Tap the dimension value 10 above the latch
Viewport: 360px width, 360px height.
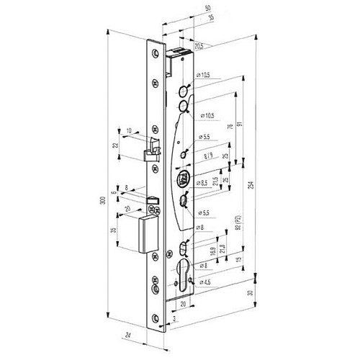point(129,130)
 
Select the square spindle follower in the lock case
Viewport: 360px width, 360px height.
point(182,179)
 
